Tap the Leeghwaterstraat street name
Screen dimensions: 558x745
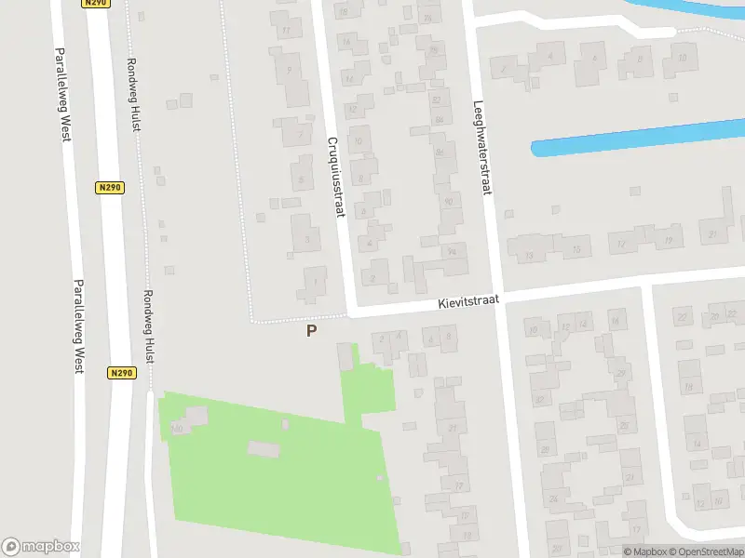pyautogui.click(x=481, y=148)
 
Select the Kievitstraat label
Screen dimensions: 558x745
pyautogui.click(x=470, y=301)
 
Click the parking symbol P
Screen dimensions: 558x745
pyautogui.click(x=311, y=330)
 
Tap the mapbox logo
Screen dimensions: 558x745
pyautogui.click(x=41, y=547)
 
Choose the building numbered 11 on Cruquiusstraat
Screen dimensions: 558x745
pyautogui.click(x=286, y=31)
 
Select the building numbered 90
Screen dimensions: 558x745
pyautogui.click(x=448, y=200)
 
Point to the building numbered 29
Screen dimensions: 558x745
pyautogui.click(x=621, y=374)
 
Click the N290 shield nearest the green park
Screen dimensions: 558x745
pyautogui.click(x=121, y=373)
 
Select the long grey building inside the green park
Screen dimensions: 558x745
pyautogui.click(x=264, y=450)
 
